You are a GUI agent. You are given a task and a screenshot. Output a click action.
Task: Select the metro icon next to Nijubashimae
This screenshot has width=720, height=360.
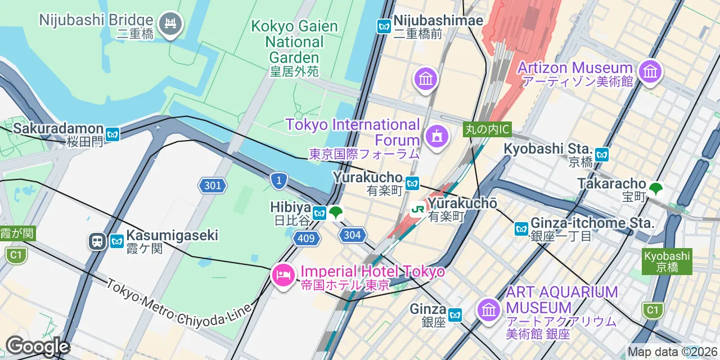click(384, 26)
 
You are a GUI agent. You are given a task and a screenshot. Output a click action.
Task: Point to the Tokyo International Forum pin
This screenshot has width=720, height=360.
click(436, 136)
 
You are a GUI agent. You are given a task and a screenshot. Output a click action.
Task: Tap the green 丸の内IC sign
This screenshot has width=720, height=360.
click(487, 129)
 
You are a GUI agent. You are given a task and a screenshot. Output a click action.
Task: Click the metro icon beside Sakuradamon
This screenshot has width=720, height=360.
click(113, 134)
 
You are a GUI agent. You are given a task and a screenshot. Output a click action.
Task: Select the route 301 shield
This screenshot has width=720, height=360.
click(212, 185)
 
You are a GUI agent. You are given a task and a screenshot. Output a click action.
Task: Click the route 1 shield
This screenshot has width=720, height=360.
click(278, 181)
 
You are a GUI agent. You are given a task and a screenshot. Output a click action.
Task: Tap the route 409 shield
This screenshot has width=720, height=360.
click(306, 238)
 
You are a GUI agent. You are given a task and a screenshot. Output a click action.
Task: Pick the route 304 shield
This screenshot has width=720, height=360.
click(352, 235)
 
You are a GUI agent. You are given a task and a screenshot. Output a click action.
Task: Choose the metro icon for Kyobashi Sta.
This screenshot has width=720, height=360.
click(602, 154)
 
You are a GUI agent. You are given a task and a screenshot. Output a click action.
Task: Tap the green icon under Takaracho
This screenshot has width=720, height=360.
click(655, 190)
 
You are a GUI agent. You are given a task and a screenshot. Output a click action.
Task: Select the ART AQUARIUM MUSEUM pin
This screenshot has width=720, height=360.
click(488, 310)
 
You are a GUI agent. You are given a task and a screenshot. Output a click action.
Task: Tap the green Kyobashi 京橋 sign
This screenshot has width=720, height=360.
click(667, 261)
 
